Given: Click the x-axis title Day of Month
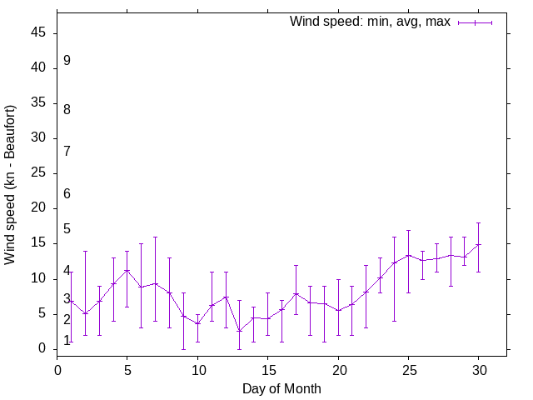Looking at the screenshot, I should click(281, 388).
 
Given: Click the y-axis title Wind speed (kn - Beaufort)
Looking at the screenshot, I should click(11, 185).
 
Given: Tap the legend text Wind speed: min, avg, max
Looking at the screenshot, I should click(370, 22).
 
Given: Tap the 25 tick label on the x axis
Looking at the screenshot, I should click(408, 367).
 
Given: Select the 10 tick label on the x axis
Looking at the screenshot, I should click(197, 367).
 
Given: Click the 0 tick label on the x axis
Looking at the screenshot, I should click(57, 367).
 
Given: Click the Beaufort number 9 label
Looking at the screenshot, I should click(67, 61).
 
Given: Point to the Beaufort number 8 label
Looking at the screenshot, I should click(67, 109).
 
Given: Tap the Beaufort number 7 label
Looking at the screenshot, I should click(67, 151).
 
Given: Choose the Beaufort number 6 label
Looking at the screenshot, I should click(67, 193).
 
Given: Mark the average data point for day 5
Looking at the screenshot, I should click(127, 271).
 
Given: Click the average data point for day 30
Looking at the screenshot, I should click(478, 245).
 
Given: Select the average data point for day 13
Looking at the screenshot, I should click(240, 331).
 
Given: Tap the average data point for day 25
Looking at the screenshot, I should click(408, 256).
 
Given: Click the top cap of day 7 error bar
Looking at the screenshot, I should click(155, 237).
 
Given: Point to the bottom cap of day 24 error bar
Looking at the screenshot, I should click(394, 321).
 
